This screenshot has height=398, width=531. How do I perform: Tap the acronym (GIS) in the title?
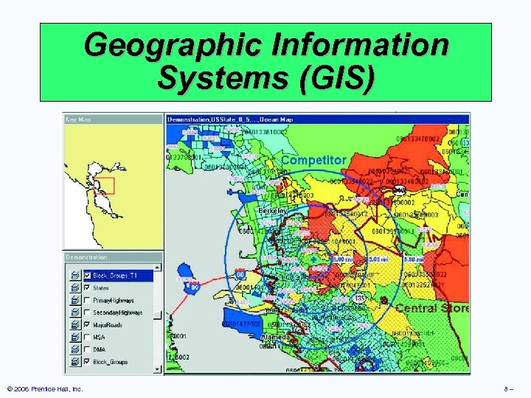click(x=335, y=77)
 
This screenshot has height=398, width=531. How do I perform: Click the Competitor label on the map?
click(x=313, y=160)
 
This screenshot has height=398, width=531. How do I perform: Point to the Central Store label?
click(x=431, y=308)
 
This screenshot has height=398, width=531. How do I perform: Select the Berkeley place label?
click(x=274, y=211)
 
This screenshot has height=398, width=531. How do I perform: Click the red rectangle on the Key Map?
click(x=105, y=184)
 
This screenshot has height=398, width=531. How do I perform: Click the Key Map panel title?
click(x=79, y=119)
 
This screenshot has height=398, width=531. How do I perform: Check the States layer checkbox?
click(x=88, y=287)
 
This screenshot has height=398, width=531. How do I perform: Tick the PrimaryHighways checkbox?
click(x=88, y=300)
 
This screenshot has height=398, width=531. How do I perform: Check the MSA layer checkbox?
click(x=88, y=337)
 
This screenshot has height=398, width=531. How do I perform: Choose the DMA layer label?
click(x=100, y=349)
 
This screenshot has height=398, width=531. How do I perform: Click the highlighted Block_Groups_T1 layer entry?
click(x=114, y=275)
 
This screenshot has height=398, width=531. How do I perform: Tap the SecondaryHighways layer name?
click(x=118, y=313)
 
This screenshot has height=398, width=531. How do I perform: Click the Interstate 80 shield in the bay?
click(x=194, y=288)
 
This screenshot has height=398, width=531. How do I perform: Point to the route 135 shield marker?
click(x=358, y=298)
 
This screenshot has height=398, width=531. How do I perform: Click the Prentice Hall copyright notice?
click(x=45, y=388)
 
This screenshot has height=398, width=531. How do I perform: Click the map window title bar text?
click(x=230, y=119)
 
